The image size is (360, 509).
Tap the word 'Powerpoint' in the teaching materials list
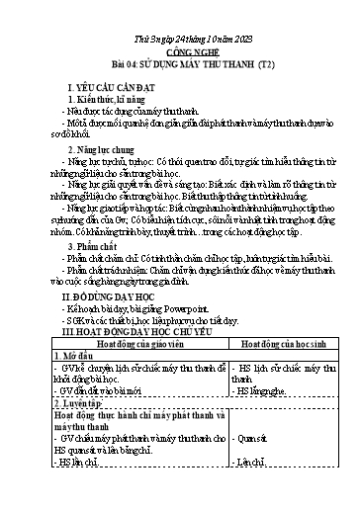point(197,336)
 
